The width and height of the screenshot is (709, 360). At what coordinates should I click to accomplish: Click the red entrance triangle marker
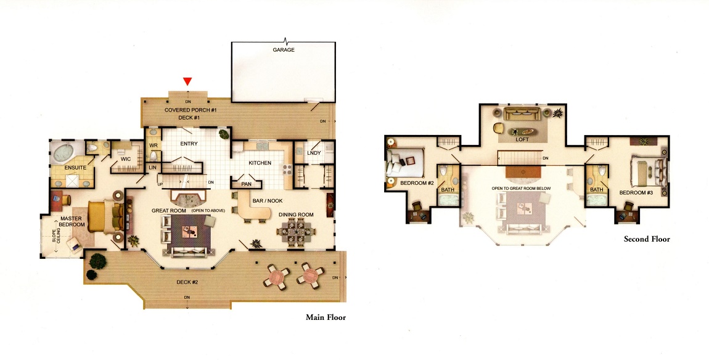coord(187,81)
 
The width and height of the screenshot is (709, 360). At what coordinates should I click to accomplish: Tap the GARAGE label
coord(284,50)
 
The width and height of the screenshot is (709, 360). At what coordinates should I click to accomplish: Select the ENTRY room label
coord(189,144)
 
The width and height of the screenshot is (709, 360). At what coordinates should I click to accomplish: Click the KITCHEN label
coord(260,163)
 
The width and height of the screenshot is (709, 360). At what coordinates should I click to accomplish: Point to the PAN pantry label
coord(247,184)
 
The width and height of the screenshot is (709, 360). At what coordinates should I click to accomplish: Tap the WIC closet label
coord(126,159)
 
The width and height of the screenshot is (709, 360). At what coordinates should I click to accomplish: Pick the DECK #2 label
coord(187,282)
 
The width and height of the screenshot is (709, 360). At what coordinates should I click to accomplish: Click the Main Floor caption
coord(326,317)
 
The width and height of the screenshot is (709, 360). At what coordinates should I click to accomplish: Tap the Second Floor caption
coord(647,239)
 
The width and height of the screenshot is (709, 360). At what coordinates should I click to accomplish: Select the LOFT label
coord(522,139)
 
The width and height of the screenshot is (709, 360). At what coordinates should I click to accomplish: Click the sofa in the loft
coord(522,114)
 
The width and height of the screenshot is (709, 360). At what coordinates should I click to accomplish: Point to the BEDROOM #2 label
coord(417,183)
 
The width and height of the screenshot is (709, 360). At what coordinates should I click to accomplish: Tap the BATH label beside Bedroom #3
coord(596,190)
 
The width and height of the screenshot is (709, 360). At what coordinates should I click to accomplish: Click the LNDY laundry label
coord(314,153)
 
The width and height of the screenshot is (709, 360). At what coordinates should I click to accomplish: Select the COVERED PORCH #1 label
coord(191,110)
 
